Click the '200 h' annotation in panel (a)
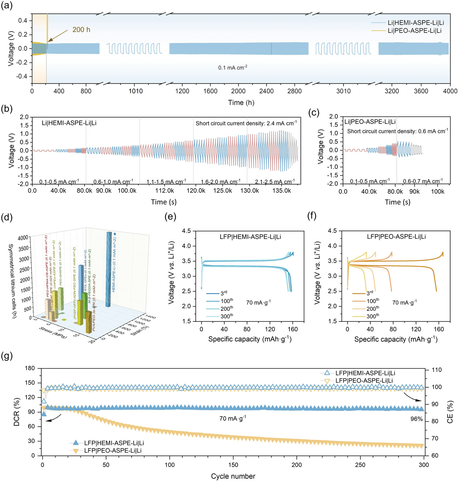tap(81, 30)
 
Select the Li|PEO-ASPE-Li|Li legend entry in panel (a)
tap(414, 31)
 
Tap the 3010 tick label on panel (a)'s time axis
tap(343, 91)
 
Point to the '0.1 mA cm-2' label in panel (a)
tap(233, 67)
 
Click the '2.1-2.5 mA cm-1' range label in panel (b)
tap(275, 182)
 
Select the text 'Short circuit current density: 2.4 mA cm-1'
tap(246, 123)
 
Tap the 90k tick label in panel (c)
tap(414, 191)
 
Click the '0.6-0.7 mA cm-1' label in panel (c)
tap(423, 181)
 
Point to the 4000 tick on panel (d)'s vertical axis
tap(23, 238)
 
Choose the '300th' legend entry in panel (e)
tap(227, 316)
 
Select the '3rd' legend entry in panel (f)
tap(370, 293)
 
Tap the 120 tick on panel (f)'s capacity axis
tap(416, 329)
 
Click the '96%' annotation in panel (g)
tap(416, 419)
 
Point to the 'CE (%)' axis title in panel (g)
tap(450, 412)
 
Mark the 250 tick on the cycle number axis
tap(360, 465)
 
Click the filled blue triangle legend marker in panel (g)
tap(76, 443)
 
